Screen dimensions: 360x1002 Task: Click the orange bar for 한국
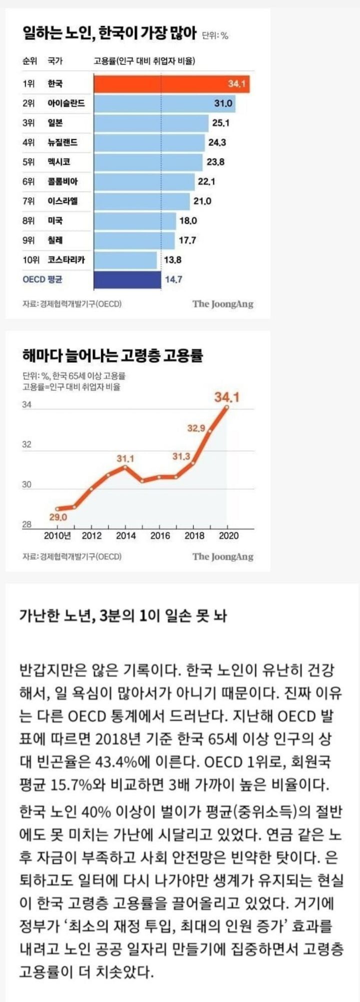(171, 83)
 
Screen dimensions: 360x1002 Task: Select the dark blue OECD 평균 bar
(127, 279)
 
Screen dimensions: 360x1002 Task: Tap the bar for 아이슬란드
(164, 103)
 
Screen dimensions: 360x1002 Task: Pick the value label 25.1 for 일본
(220, 123)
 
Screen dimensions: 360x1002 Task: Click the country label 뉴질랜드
(62, 142)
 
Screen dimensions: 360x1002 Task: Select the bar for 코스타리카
(125, 260)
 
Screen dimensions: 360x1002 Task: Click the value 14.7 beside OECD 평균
(173, 279)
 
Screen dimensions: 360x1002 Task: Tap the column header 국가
(54, 61)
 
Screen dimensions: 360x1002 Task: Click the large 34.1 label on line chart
(227, 397)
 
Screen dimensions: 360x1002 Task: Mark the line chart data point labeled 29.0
(58, 508)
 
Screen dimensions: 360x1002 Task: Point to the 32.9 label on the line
(196, 428)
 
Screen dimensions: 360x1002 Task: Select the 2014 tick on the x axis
(125, 536)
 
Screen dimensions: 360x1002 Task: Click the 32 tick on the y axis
(26, 444)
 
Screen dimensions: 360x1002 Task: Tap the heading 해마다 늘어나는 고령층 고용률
(112, 356)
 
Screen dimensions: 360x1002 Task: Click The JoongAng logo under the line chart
(223, 556)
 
